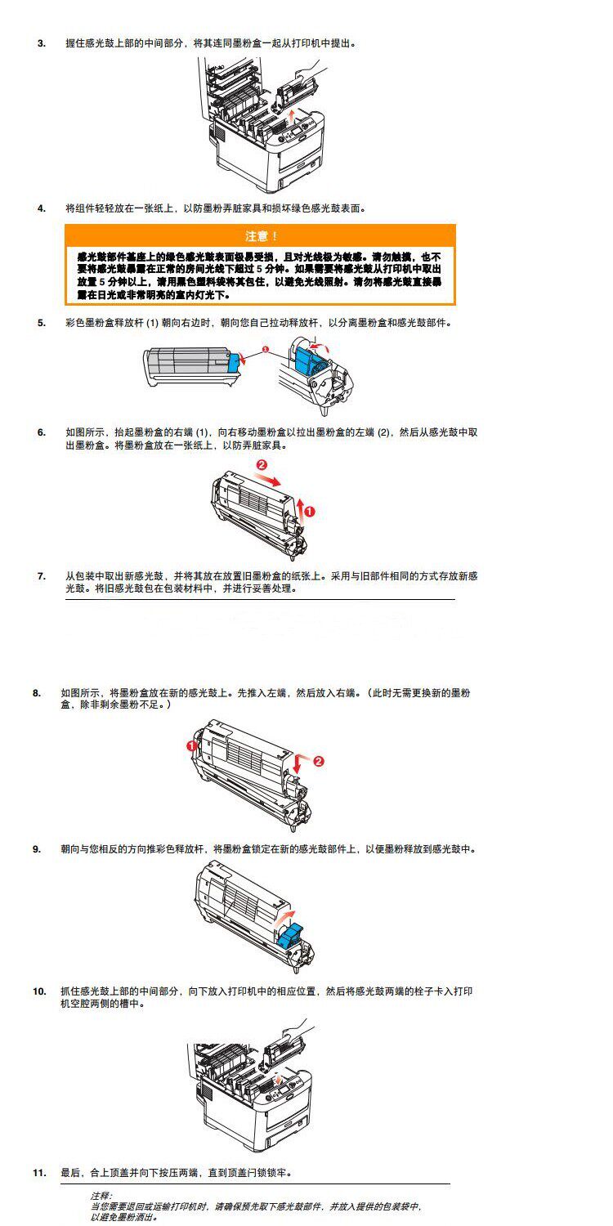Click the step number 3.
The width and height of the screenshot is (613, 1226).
pyautogui.click(x=41, y=43)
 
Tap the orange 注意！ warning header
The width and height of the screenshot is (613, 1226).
pyautogui.click(x=261, y=236)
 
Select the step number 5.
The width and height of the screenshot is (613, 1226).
pyautogui.click(x=41, y=323)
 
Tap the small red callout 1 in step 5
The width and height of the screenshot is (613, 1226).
pyautogui.click(x=265, y=349)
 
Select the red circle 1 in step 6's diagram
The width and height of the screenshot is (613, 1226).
pyautogui.click(x=310, y=512)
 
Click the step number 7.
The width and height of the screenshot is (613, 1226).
pyautogui.click(x=41, y=576)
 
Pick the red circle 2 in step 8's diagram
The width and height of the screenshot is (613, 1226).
pyautogui.click(x=319, y=761)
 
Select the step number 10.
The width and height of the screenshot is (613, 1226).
pyautogui.click(x=39, y=991)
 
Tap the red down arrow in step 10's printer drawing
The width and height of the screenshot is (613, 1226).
pyautogui.click(x=283, y=1077)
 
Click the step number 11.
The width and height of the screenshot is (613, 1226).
pyautogui.click(x=39, y=1173)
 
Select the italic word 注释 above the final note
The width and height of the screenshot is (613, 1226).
pyautogui.click(x=101, y=1195)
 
